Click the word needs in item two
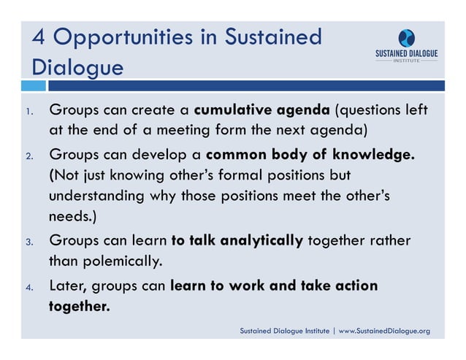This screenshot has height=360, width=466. pos(70,218)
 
